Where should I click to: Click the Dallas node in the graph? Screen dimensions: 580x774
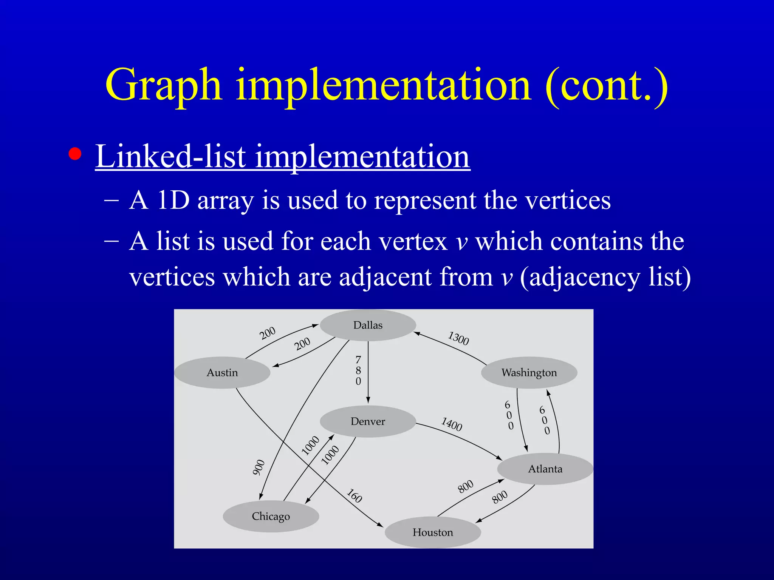point(368,325)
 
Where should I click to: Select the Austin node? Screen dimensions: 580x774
point(222,373)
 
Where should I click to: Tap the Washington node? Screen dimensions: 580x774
point(529,373)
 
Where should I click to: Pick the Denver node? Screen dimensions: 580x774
point(368,421)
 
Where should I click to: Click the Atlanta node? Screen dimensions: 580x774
point(545,469)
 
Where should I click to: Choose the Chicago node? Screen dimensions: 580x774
point(271,516)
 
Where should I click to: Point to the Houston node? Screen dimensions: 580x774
point(433,532)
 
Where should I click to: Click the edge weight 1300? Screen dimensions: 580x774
point(458,338)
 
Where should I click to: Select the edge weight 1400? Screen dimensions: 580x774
point(452,424)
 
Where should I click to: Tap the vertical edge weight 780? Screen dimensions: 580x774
point(358,370)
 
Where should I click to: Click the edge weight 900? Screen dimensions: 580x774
point(259,467)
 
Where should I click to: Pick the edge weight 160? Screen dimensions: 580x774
point(354,496)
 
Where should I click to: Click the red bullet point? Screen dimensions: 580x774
point(75,154)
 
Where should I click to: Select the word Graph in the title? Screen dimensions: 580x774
point(163,85)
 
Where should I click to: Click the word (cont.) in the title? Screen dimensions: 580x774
point(607,85)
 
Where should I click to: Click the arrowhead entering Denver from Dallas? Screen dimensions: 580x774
point(368,400)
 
